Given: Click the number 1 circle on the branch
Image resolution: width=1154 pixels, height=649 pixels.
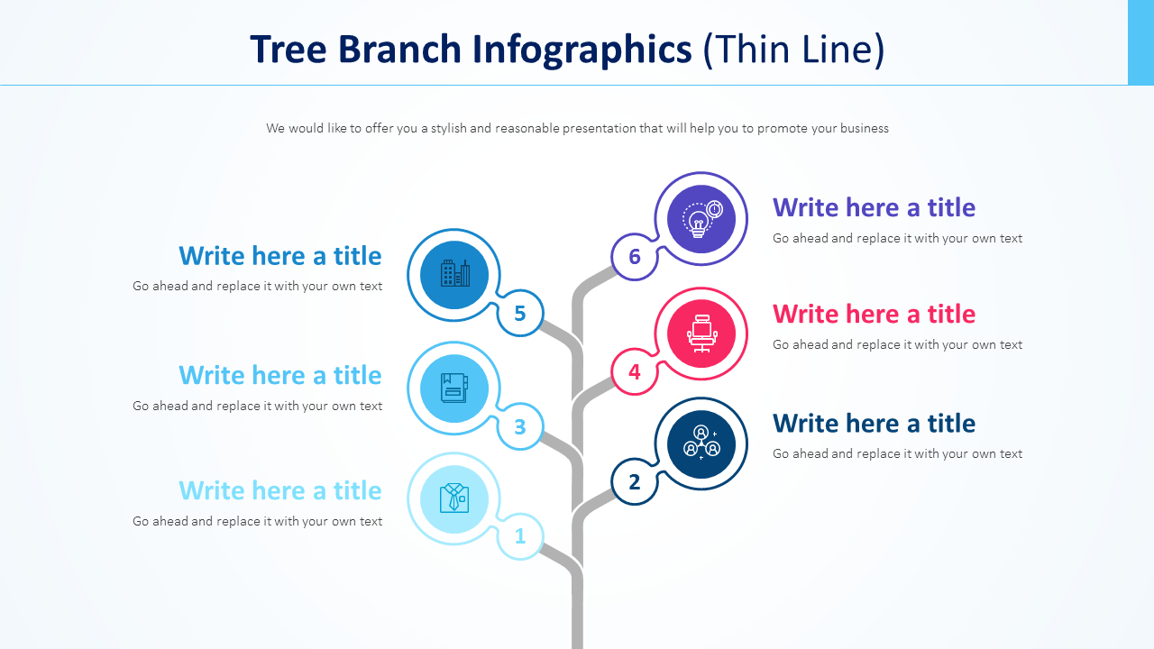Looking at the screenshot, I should (520, 536).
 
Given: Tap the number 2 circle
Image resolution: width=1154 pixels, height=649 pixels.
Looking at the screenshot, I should (635, 482).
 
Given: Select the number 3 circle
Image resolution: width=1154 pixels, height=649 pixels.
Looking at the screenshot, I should (520, 426).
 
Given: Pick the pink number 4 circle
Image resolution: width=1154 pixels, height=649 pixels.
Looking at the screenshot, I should (635, 371).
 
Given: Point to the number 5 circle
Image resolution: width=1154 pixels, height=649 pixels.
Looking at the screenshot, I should (520, 314).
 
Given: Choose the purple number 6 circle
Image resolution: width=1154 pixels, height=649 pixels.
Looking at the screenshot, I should (635, 257).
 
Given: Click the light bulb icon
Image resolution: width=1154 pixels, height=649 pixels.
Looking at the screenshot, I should (701, 219).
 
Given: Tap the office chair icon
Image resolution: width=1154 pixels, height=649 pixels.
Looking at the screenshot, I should (701, 334).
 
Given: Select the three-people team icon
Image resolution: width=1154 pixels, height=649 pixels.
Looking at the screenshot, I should (701, 443).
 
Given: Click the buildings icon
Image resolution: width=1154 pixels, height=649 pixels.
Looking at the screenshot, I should (454, 274).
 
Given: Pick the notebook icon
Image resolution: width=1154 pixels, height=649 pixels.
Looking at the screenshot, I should (454, 388).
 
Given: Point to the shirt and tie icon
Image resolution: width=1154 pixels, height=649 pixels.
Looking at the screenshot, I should (454, 498).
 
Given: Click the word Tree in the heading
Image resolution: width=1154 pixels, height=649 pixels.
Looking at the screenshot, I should (289, 50).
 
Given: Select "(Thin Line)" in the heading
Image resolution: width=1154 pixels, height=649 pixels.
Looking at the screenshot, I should (793, 50).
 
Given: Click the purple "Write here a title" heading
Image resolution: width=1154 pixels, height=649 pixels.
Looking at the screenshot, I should (874, 207).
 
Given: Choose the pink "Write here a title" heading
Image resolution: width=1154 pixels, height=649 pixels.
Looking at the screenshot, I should (874, 314).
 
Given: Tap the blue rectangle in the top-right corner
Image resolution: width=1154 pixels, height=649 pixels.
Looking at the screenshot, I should (1140, 42).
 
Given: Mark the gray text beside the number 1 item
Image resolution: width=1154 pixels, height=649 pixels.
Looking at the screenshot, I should (257, 521).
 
